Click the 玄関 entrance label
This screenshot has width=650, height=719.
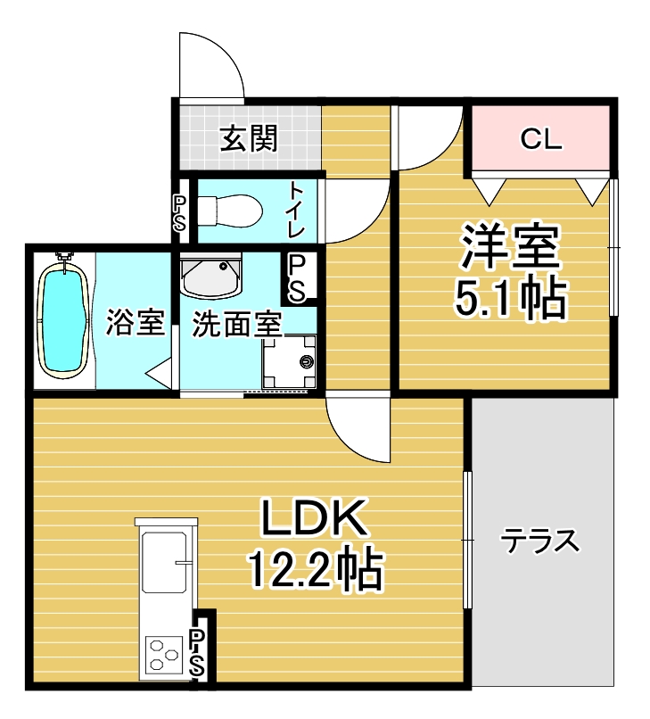click(249, 138)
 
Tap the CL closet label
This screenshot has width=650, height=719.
click(541, 138)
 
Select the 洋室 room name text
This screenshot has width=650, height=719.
click(510, 247)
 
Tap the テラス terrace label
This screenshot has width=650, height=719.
click(540, 541)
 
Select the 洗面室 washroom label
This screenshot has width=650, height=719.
click(236, 325)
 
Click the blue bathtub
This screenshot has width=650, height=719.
click(63, 316)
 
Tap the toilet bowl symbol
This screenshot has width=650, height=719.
click(229, 211)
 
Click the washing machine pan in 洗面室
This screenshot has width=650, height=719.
click(289, 362)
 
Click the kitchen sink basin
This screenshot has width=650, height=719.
click(165, 562)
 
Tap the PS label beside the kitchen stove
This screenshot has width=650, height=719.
click(197, 652)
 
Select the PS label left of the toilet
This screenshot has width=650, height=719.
click(179, 214)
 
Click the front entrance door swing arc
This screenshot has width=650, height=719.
click(223, 52)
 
